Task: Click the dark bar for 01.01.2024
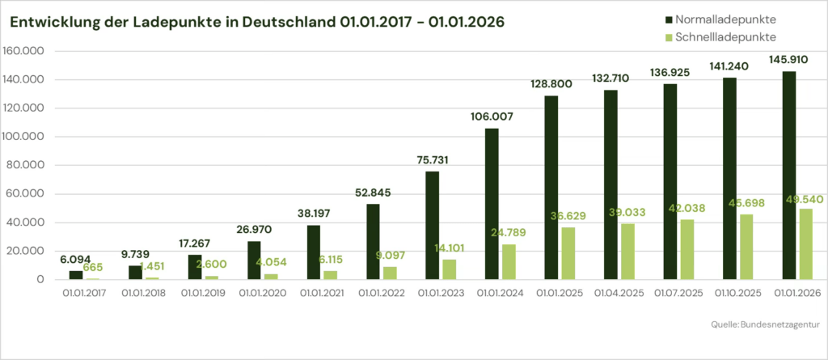coord(492,204)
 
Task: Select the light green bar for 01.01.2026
coord(806,244)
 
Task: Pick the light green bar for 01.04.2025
coord(627,251)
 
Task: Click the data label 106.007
coord(492,116)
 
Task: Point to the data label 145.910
coord(788,60)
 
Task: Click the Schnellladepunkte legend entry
coord(720,36)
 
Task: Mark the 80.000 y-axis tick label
coord(24,166)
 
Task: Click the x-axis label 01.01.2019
coord(203,293)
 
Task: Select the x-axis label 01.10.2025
coord(738,293)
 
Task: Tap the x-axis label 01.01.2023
coord(441,293)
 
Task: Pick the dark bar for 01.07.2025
coord(670,181)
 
